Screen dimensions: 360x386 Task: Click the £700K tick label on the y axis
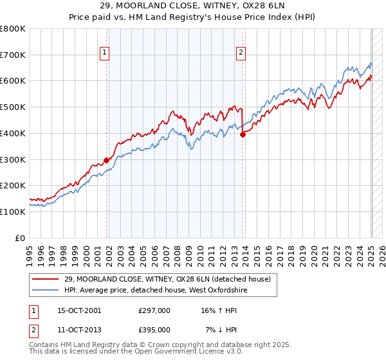(13, 55)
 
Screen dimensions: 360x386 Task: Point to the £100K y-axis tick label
(13, 212)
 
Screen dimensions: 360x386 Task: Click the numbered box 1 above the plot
(104, 53)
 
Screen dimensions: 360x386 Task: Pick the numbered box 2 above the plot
(241, 53)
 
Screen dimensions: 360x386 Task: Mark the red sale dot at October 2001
(107, 161)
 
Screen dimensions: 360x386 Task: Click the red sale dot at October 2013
(243, 135)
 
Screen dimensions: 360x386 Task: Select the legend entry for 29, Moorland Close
(171, 278)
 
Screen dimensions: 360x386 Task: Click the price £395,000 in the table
(154, 329)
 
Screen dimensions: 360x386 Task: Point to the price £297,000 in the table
(154, 310)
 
